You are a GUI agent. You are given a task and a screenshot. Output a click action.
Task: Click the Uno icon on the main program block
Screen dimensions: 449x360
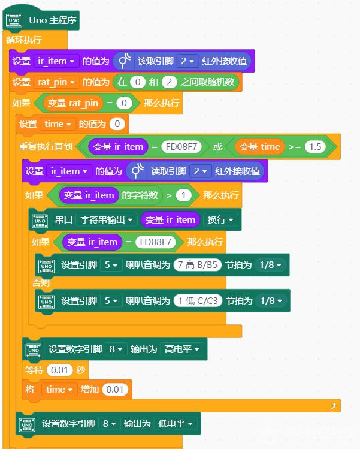(x=14, y=20)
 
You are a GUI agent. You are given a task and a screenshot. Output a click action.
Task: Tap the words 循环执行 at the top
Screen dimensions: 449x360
(x=24, y=40)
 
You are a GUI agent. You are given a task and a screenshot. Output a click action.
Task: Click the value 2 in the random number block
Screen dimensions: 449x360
(x=170, y=82)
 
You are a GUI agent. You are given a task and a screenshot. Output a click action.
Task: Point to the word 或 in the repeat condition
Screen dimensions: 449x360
(x=217, y=146)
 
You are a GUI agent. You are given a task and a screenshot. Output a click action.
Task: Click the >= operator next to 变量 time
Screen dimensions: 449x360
(x=294, y=146)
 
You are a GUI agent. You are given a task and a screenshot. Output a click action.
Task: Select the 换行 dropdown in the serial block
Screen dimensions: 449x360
(x=220, y=220)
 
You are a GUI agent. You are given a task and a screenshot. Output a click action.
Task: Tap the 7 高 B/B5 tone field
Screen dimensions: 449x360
(x=198, y=264)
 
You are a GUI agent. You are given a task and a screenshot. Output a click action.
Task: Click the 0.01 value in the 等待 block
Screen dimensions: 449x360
(x=58, y=370)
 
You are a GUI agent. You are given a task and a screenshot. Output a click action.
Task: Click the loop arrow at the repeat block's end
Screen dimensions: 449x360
(x=332, y=406)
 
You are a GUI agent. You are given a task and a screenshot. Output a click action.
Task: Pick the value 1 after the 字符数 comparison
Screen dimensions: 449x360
(x=183, y=195)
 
